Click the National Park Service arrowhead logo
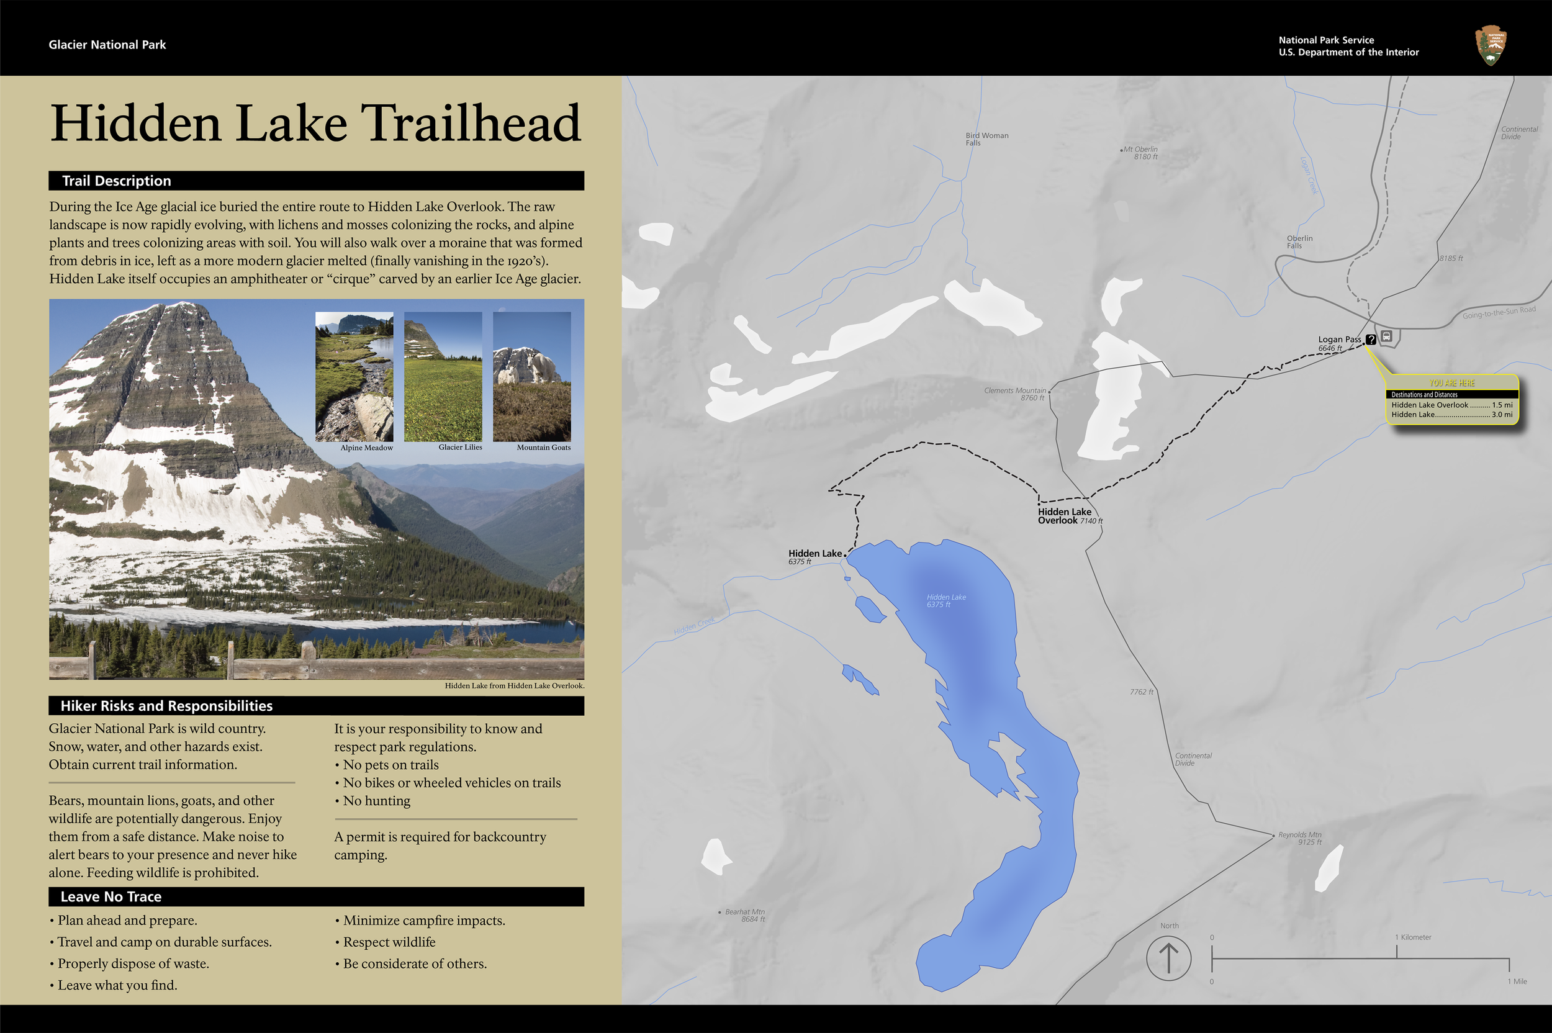pos(1491,45)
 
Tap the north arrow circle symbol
pos(1168,958)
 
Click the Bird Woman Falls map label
pos(986,139)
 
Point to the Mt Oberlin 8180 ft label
pos(1141,153)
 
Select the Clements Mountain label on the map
pos(1014,394)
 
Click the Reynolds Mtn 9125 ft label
pos(1299,838)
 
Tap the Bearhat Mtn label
pos(744,915)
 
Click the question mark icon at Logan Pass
pos(1371,340)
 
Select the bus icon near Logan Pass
pos(1387,336)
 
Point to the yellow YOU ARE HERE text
pos(1451,383)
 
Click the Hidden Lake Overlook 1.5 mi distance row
pos(1451,405)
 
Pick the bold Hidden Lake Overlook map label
pos(1065,516)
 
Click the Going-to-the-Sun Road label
pos(1499,312)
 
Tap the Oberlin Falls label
pos(1299,241)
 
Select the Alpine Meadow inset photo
pos(354,376)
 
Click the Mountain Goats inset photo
pos(531,376)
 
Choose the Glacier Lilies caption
pos(460,448)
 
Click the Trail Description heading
pos(117,181)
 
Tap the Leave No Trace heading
pos(111,896)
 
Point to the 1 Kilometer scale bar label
pos(1412,937)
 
